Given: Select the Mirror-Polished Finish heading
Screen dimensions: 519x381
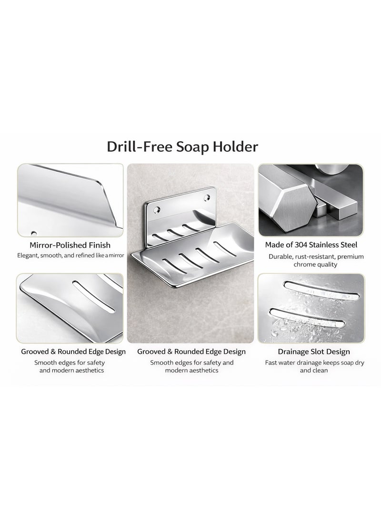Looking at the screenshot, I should coord(70,245).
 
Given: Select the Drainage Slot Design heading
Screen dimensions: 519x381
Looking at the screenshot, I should coord(314,352).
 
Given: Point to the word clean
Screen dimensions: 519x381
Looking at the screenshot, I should coord(321,370).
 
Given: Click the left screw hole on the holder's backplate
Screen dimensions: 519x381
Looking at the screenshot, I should coord(155,208).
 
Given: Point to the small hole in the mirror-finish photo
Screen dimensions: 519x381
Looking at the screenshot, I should coord(33,233).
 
